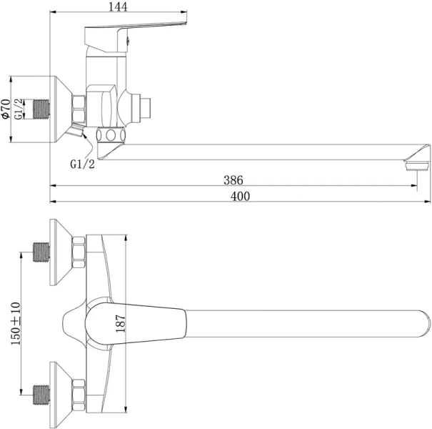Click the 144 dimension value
[118, 6]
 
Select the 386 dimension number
[233, 180]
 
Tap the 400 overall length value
[240, 196]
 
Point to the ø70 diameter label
[6, 109]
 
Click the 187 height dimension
[121, 323]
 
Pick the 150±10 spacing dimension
[16, 323]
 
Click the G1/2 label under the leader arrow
[82, 164]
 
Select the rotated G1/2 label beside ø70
[19, 109]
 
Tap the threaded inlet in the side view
[41, 109]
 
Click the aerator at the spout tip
[418, 167]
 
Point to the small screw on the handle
[128, 41]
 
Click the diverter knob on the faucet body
[145, 107]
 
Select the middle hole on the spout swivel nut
[111, 135]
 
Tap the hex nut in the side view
[79, 109]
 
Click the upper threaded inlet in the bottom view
[41, 252]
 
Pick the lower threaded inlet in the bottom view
[41, 395]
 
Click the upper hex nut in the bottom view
[79, 252]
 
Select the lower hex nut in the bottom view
[79, 395]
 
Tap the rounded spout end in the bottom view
[424, 324]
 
